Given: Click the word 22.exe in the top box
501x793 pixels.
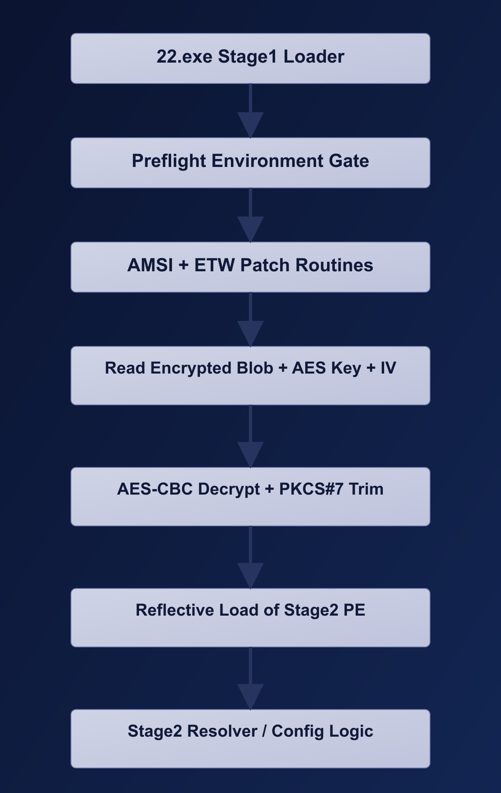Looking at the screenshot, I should (185, 57).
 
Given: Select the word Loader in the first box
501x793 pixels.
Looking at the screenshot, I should (314, 57).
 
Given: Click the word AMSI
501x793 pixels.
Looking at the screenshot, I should (150, 265).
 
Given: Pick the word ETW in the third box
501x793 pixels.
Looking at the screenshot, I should (215, 265).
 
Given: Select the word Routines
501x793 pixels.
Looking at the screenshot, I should (334, 265).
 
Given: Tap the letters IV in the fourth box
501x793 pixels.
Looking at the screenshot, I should (388, 368).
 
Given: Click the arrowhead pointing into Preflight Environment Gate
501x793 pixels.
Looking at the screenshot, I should (250, 124).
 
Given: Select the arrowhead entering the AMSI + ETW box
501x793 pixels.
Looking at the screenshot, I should (250, 229).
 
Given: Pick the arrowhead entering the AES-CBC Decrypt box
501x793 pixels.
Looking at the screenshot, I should (250, 454).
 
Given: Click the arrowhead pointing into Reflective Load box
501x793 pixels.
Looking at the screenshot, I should (250, 575).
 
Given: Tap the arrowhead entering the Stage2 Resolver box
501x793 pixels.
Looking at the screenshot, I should (250, 696).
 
